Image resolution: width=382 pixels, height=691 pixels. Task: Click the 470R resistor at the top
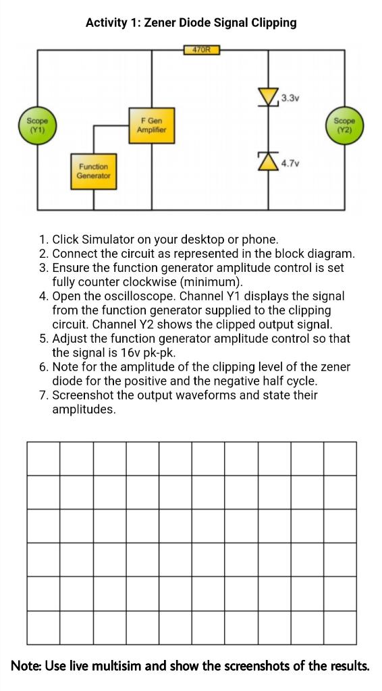click(x=201, y=49)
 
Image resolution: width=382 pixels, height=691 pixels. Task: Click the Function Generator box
click(x=92, y=171)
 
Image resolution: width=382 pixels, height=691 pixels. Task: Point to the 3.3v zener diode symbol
click(x=271, y=99)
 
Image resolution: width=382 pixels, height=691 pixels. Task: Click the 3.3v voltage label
click(x=289, y=99)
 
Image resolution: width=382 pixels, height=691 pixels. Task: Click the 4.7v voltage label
click(x=290, y=163)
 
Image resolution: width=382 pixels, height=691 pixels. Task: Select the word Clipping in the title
click(x=273, y=23)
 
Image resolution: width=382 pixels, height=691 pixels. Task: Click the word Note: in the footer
click(x=27, y=666)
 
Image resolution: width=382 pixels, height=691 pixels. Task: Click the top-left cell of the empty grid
click(x=44, y=459)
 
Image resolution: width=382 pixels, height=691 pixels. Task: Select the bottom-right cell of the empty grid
click(x=339, y=628)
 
